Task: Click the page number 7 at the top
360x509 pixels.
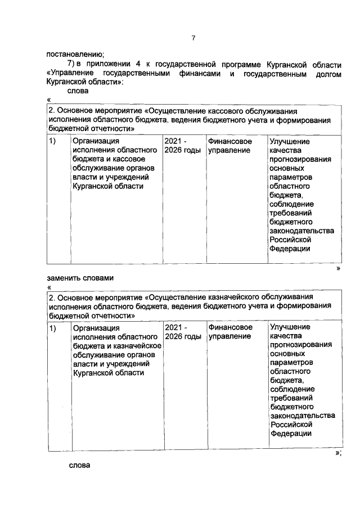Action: (193, 38)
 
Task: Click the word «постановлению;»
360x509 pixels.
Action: (75, 55)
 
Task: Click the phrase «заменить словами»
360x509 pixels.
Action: (80, 278)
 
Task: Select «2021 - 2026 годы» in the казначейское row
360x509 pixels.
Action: (182, 331)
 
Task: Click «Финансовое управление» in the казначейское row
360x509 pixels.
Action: (230, 331)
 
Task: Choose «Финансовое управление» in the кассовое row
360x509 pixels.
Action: (230, 146)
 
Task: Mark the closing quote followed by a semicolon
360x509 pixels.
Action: (337, 453)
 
